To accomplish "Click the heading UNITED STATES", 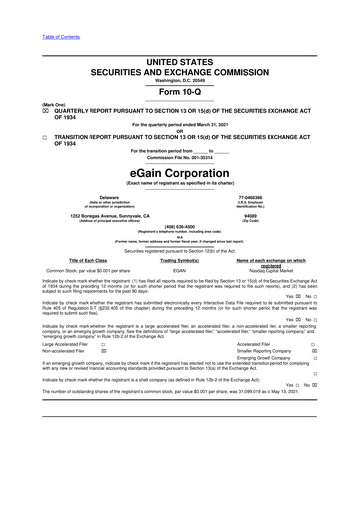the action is (x=179, y=35).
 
